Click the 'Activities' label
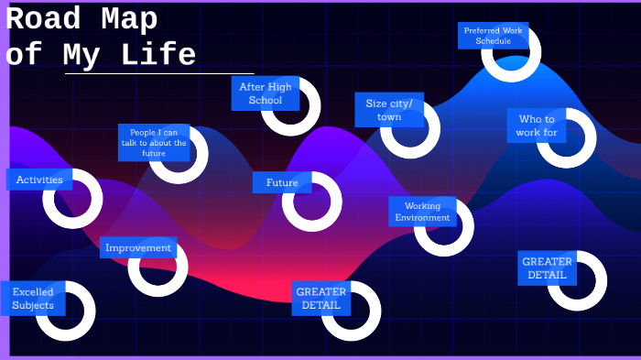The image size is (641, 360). click(x=39, y=180)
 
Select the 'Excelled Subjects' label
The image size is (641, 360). click(x=33, y=299)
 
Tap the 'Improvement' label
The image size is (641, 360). click(x=138, y=247)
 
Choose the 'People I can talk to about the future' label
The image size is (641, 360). click(x=154, y=143)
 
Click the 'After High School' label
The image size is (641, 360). click(x=266, y=93)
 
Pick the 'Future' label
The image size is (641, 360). click(x=282, y=182)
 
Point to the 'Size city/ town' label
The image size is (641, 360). click(x=389, y=110)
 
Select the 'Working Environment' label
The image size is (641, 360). click(x=422, y=212)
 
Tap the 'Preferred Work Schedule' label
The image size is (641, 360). click(x=494, y=36)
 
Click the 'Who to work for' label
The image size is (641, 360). click(x=537, y=125)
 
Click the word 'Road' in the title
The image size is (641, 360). click(x=43, y=18)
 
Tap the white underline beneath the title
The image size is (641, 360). click(x=159, y=73)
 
